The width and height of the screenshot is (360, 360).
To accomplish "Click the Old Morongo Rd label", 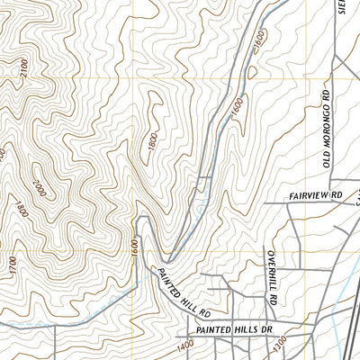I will tap(327, 121).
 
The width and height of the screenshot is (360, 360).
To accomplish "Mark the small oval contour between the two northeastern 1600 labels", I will tap(252, 70).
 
